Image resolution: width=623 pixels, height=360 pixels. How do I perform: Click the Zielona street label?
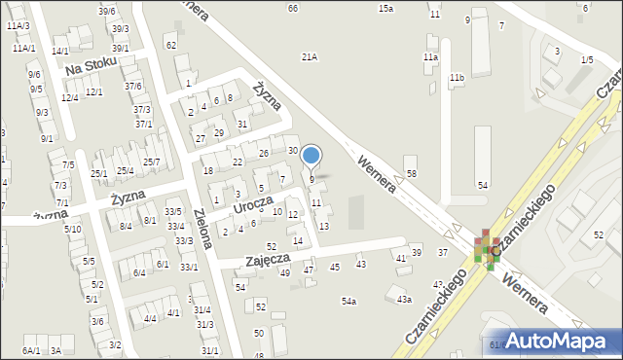tap(207, 230)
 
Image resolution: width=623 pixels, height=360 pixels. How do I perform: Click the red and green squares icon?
tap(485, 247)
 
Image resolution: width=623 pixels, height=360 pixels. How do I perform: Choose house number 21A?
tap(310, 57)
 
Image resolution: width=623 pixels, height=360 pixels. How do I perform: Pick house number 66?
tap(293, 8)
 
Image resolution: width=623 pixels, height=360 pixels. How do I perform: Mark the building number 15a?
tap(385, 8)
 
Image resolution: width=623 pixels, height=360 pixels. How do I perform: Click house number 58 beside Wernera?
tap(412, 173)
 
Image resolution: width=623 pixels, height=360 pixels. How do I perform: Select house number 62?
tap(171, 46)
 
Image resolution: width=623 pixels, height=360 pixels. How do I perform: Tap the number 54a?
tap(348, 302)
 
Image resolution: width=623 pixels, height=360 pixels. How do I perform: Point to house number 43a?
tap(404, 300)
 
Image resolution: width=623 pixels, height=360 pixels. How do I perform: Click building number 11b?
tap(457, 77)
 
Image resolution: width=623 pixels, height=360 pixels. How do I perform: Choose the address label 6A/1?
tap(31, 350)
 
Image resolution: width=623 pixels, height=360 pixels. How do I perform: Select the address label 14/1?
tap(60, 51)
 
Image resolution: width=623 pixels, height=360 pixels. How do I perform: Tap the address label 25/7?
tap(152, 162)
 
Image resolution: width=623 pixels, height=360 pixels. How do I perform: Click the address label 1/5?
tap(586, 60)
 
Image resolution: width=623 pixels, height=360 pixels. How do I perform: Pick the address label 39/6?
tap(107, 11)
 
